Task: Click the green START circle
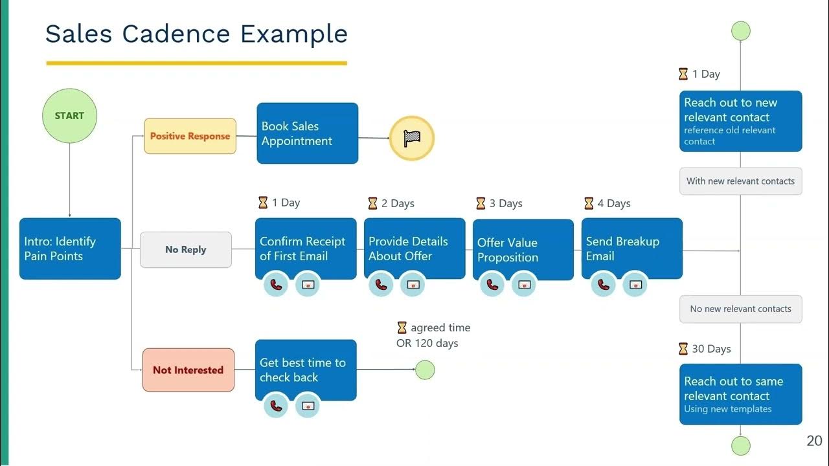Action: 69,116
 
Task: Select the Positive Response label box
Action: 190,136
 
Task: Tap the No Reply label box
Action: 186,250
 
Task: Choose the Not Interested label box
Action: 188,370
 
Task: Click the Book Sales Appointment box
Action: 307,133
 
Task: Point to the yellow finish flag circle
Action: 411,138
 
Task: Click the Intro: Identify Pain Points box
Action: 70,249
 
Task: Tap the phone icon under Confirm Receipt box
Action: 277,284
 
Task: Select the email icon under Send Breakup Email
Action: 635,284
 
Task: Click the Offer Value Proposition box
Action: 523,250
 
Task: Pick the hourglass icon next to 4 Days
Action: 589,203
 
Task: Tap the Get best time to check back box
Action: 306,370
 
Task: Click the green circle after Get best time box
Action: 425,370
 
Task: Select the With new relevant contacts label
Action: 740,181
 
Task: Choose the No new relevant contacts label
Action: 740,309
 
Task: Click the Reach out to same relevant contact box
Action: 740,394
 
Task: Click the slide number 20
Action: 814,441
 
